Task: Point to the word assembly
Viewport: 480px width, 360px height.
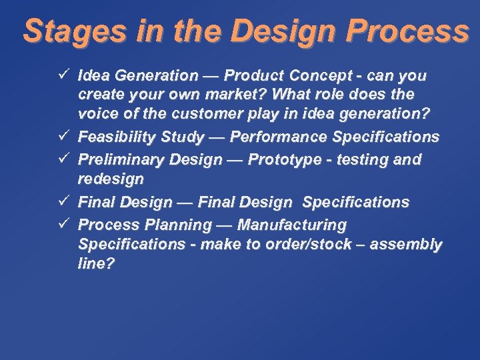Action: pos(406,245)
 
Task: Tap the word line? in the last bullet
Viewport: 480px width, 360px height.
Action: pos(96,265)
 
